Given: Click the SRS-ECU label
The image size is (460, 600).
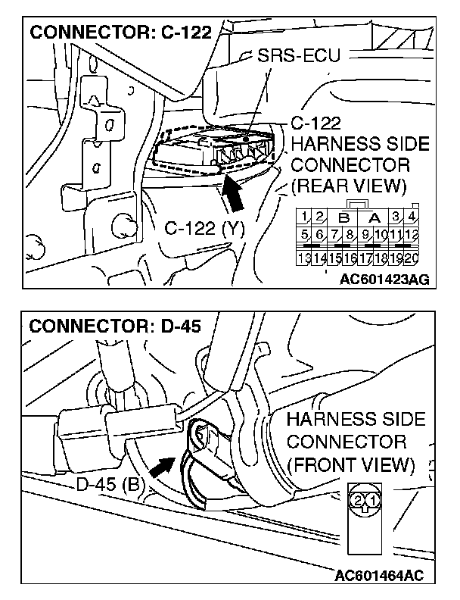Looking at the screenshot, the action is point(299,56).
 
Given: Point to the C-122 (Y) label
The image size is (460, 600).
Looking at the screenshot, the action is point(204,226).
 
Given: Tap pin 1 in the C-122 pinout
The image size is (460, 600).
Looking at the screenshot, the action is point(303,218).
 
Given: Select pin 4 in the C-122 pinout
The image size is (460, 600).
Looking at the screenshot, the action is point(412,218).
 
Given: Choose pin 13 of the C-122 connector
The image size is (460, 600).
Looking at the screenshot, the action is point(304,258).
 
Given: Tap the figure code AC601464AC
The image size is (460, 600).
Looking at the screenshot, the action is point(380,575).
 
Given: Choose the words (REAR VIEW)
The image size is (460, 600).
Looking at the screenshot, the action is point(348,186).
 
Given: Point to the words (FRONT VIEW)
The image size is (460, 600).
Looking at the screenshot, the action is point(351,463).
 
